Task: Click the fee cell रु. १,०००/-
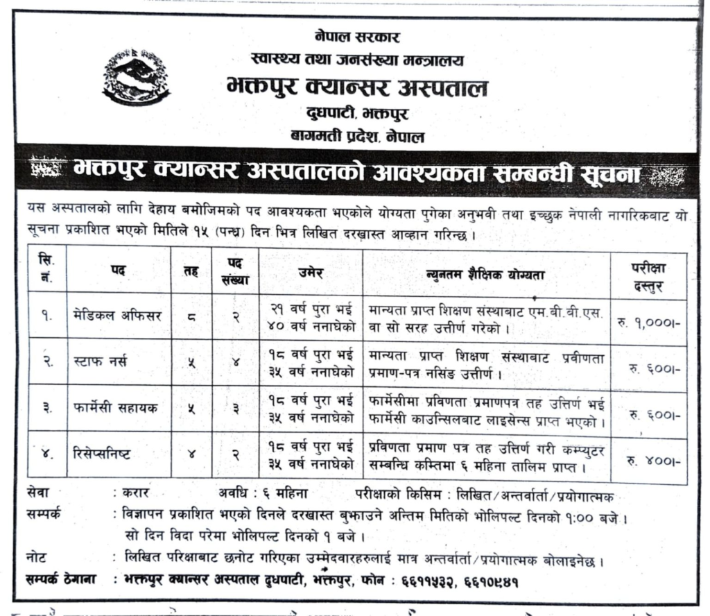coord(648,322)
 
